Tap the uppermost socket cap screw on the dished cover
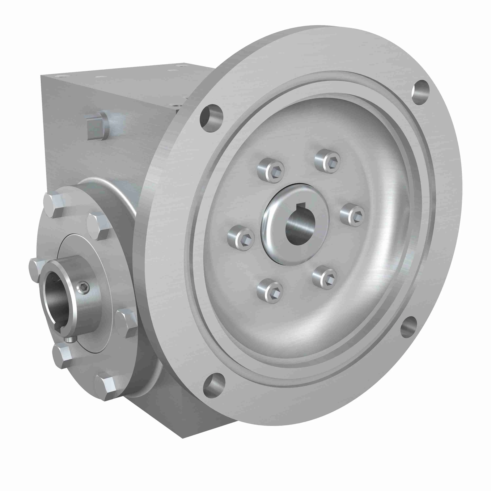(328, 161)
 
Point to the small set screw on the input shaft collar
(84, 288)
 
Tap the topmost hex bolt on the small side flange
(53, 205)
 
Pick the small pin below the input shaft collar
(70, 340)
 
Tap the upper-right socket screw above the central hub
(328, 161)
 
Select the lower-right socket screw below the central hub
(325, 278)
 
